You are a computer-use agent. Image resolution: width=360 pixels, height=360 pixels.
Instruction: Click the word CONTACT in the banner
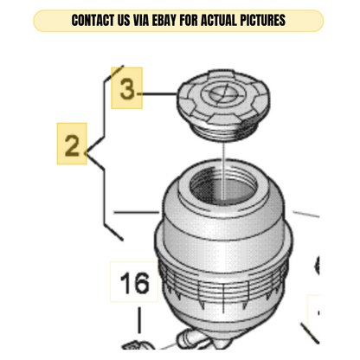tap(93, 21)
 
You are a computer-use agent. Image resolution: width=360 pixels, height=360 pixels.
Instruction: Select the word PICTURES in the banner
tap(263, 21)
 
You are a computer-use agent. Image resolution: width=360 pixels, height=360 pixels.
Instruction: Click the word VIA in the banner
tap(141, 21)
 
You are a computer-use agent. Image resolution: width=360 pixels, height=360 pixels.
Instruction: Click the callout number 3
tap(127, 89)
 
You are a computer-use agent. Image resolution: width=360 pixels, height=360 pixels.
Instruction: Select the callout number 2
tap(72, 145)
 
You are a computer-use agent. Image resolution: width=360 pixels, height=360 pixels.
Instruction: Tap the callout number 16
tap(135, 283)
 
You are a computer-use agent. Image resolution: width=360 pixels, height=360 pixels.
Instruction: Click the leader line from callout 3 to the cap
tap(157, 93)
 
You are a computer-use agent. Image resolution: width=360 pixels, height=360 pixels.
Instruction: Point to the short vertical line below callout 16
tap(140, 320)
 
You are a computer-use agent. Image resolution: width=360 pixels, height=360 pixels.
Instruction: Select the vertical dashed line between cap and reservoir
tap(224, 170)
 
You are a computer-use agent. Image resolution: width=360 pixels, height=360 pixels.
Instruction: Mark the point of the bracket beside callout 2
tap(87, 151)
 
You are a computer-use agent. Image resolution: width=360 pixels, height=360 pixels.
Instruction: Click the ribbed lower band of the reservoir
tap(223, 286)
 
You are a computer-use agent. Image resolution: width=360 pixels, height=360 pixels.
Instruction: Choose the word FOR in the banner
tap(189, 21)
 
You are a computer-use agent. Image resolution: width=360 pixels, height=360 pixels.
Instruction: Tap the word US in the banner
tap(124, 21)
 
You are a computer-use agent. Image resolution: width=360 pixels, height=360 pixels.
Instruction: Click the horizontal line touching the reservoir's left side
tap(137, 212)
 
